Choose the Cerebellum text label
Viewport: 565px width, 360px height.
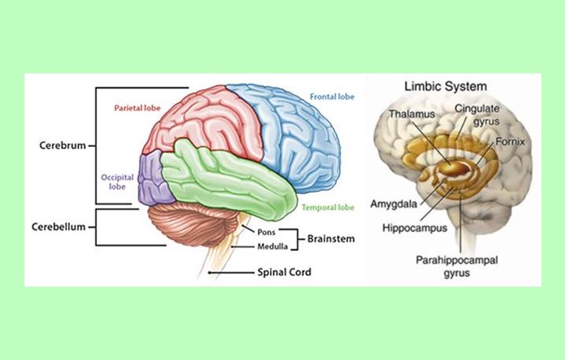tap(58, 225)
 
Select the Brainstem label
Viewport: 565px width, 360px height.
tap(330, 238)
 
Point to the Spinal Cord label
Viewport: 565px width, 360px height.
tap(284, 272)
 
